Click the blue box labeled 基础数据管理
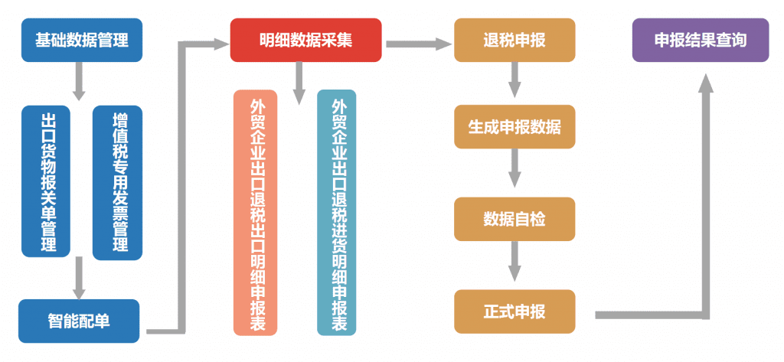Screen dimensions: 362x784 [81, 40]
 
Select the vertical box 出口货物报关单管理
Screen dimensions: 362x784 [46, 182]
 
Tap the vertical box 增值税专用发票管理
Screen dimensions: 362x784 [117, 182]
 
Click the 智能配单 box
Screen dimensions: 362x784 [79, 321]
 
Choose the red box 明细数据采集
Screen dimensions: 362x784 [305, 40]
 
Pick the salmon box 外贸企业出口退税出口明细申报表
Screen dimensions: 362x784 [256, 213]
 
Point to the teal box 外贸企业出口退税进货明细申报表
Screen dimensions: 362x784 [337, 213]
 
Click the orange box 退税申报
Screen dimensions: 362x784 [514, 40]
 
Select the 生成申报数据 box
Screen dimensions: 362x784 [514, 127]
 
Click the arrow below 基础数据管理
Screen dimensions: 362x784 [78, 81]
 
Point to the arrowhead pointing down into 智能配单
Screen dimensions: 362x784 [78, 291]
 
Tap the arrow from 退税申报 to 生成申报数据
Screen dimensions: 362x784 [515, 80]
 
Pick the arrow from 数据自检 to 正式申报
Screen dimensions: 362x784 [515, 264]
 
